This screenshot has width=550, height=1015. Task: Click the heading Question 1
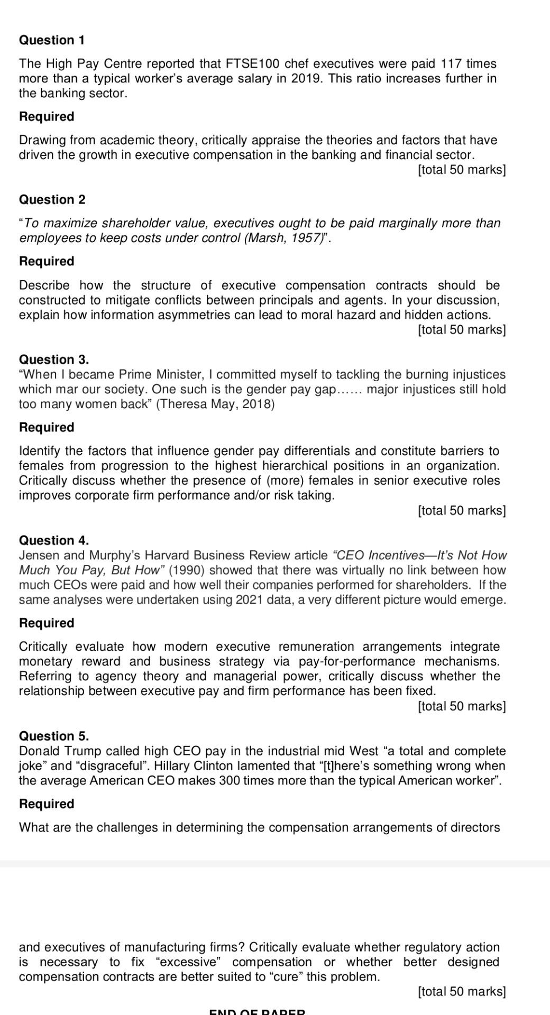(52, 40)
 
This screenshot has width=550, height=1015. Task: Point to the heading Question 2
(52, 199)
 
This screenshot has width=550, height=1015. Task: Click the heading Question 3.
(54, 359)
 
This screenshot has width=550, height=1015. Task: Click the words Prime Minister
(160, 375)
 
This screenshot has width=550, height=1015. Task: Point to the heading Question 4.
(54, 540)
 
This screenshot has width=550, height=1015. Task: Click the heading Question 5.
(54, 736)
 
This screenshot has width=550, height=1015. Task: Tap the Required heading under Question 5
(47, 804)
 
